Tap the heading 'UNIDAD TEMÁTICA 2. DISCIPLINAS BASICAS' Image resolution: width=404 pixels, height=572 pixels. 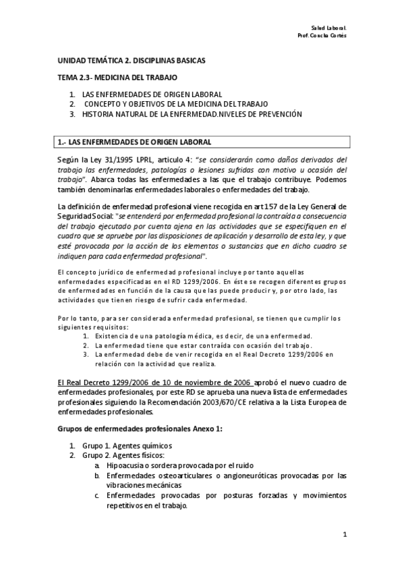coord(131,61)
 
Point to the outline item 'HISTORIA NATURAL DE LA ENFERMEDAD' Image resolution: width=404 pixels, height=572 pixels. coord(146,114)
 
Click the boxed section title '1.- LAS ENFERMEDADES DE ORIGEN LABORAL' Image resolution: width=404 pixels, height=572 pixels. coord(134,142)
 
